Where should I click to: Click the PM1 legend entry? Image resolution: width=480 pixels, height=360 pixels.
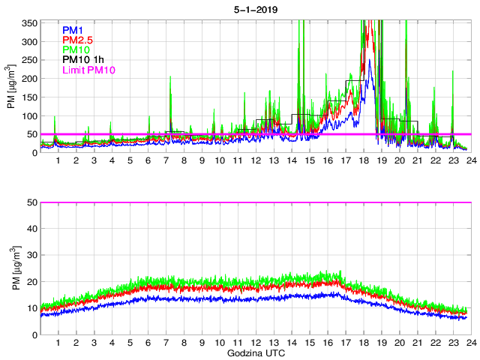[x=73, y=30]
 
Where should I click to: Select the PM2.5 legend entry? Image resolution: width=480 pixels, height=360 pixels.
[x=78, y=40]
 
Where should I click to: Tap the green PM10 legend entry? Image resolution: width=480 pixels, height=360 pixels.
[x=76, y=50]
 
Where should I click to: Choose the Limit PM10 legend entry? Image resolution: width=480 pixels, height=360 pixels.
[x=89, y=70]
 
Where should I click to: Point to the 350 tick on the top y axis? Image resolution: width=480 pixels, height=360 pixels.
[x=30, y=23]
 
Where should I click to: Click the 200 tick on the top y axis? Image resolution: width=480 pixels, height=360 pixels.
[x=30, y=79]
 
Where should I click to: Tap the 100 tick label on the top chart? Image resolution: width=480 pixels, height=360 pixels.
[x=30, y=115]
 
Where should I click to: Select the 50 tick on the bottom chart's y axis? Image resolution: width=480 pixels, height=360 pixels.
[x=32, y=202]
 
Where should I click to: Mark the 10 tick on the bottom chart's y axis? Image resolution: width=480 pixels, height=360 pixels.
[x=32, y=307]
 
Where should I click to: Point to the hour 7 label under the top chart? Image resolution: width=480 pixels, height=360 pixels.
[x=166, y=160]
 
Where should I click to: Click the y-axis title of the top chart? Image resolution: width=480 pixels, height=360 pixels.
[x=12, y=87]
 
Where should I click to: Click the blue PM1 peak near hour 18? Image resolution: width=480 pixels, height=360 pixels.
[x=370, y=82]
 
